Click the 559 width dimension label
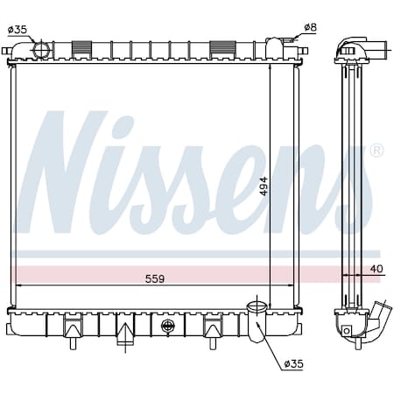coord(155,278)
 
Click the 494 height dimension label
coord(264,186)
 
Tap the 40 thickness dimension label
coord(376,269)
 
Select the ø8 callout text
coord(310,27)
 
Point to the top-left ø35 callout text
coord(18,30)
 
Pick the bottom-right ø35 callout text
coord(293,363)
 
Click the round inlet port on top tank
coord(41,49)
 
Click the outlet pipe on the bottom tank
coord(257,322)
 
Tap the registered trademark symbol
coord(376,151)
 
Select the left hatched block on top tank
coord(81,47)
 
